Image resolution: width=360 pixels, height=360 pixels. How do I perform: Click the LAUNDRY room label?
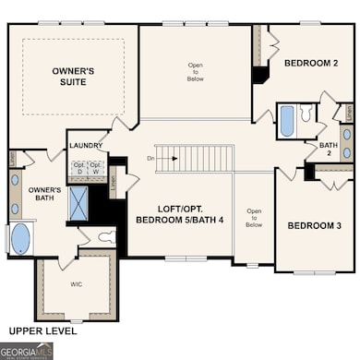(x=85, y=146)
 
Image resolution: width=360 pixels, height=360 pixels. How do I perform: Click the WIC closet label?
(x=77, y=284)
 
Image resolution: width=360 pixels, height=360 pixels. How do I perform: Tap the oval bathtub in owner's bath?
(x=20, y=238)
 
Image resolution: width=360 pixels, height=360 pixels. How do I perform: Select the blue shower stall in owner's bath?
(x=78, y=203)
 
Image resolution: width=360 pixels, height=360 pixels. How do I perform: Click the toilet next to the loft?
(x=108, y=236)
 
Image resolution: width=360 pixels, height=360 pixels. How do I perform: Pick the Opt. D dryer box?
(x=79, y=169)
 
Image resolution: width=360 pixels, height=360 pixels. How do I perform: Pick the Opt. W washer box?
(x=96, y=169)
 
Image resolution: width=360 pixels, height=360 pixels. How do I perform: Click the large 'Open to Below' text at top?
(x=194, y=71)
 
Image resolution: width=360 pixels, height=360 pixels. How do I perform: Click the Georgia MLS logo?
(x=28, y=351)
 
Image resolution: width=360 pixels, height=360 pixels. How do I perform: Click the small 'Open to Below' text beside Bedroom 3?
(x=254, y=218)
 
